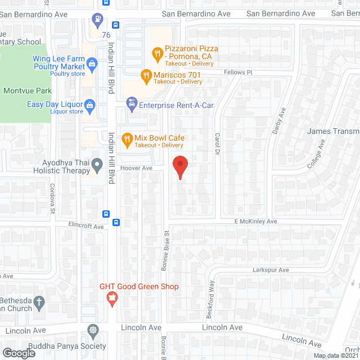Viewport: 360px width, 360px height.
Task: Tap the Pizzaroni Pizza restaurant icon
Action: coord(157,55)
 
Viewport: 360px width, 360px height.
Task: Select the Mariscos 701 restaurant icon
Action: coord(146,75)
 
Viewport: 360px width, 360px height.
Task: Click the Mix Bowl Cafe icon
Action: coord(127,138)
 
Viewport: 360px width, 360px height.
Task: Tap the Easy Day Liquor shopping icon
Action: coord(89,105)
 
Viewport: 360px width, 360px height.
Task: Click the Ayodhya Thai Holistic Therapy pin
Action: coord(97,165)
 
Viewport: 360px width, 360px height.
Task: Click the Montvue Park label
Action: coord(27,91)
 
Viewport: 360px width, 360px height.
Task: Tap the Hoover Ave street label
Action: coord(136,168)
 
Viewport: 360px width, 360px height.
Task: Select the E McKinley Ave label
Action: coord(256,222)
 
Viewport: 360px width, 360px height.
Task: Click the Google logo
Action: coord(19,353)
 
